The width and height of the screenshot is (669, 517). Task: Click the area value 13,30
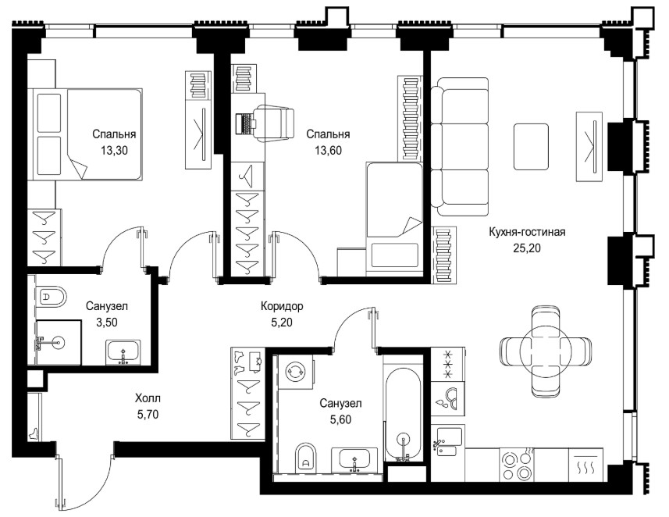114,150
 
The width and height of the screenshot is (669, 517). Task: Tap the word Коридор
282,306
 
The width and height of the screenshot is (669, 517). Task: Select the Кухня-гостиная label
527,232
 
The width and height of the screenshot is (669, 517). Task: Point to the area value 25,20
527,248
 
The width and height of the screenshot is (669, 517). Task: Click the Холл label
148,398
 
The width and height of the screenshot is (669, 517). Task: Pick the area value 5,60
341,419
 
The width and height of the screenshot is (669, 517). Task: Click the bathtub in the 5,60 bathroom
403,413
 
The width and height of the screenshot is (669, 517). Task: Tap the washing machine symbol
295,370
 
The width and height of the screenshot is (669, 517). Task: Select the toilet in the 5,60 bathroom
305,457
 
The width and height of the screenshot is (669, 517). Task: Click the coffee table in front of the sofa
531,147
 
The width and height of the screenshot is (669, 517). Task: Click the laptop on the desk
244,123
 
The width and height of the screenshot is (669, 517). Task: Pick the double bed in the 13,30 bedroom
85,134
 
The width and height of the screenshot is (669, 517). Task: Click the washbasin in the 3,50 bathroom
123,353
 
